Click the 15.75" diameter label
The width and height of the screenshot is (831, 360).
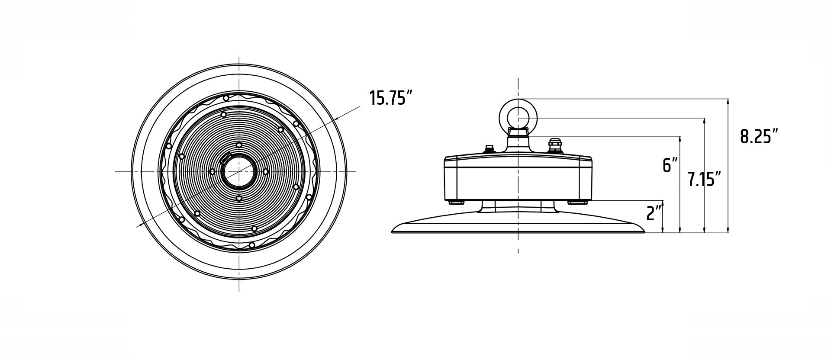pos(390,98)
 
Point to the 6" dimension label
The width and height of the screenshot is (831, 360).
pos(670,165)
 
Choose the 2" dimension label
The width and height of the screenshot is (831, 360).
pos(654,213)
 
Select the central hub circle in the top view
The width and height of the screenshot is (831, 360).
pos(238,172)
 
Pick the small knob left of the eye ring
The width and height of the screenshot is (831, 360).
pos(490,149)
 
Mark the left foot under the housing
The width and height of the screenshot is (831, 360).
pos(456,202)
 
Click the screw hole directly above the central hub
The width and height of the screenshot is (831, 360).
pos(238,145)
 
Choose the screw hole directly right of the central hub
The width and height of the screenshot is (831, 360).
pos(266,172)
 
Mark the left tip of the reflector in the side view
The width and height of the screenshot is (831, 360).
pos(392,231)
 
